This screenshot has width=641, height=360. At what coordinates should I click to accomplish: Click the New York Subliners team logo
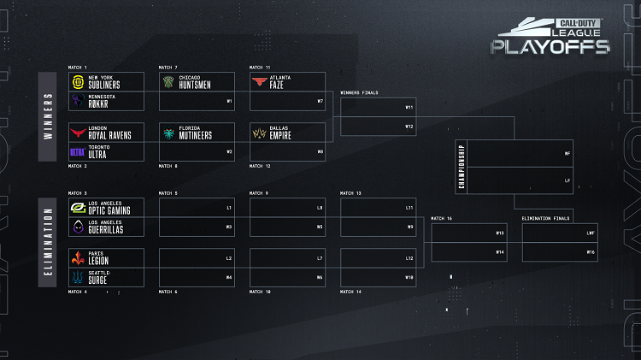coord(77,81)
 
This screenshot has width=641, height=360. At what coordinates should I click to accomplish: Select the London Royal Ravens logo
coord(77,133)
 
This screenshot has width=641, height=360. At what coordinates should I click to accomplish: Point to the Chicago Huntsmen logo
coord(168,81)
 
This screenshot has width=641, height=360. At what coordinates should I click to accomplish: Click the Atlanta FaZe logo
coord(258,81)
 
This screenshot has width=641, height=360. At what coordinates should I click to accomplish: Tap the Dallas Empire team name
coord(282,133)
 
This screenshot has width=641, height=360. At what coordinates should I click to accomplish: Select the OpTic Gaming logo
coord(77,208)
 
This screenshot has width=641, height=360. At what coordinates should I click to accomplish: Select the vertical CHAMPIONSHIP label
coord(462,166)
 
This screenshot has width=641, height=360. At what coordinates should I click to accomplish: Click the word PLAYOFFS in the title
coord(550,46)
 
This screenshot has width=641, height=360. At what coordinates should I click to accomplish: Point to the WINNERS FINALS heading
coord(359,92)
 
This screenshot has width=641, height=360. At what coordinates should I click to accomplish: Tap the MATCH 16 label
coord(442,219)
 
